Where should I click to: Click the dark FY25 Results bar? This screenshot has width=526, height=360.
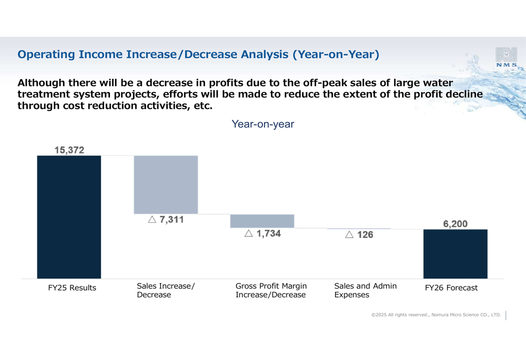69,217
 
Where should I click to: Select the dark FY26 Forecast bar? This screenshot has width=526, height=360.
455,254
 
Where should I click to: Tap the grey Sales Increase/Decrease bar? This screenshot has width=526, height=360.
166,184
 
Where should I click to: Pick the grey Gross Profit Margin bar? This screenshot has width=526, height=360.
262,221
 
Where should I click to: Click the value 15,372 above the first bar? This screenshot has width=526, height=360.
69,150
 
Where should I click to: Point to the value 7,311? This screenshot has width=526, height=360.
171,220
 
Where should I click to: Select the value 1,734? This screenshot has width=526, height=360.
268,234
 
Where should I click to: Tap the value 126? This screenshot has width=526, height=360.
365,235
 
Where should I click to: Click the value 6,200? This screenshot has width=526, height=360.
455,224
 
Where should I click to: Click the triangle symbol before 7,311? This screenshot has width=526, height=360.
152,220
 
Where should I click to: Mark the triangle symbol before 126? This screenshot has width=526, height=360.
349,235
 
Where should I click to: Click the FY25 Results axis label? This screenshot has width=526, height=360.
72,288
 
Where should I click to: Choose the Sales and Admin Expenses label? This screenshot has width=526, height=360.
365,290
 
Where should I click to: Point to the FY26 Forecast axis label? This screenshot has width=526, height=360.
451,288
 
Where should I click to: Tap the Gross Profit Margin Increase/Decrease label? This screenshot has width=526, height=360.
271,290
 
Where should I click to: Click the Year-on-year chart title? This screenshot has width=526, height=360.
262,125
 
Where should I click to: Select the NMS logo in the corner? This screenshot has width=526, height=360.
506,57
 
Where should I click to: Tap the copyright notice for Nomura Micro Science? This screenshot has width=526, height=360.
436,315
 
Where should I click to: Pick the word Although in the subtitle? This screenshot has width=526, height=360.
42,83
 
